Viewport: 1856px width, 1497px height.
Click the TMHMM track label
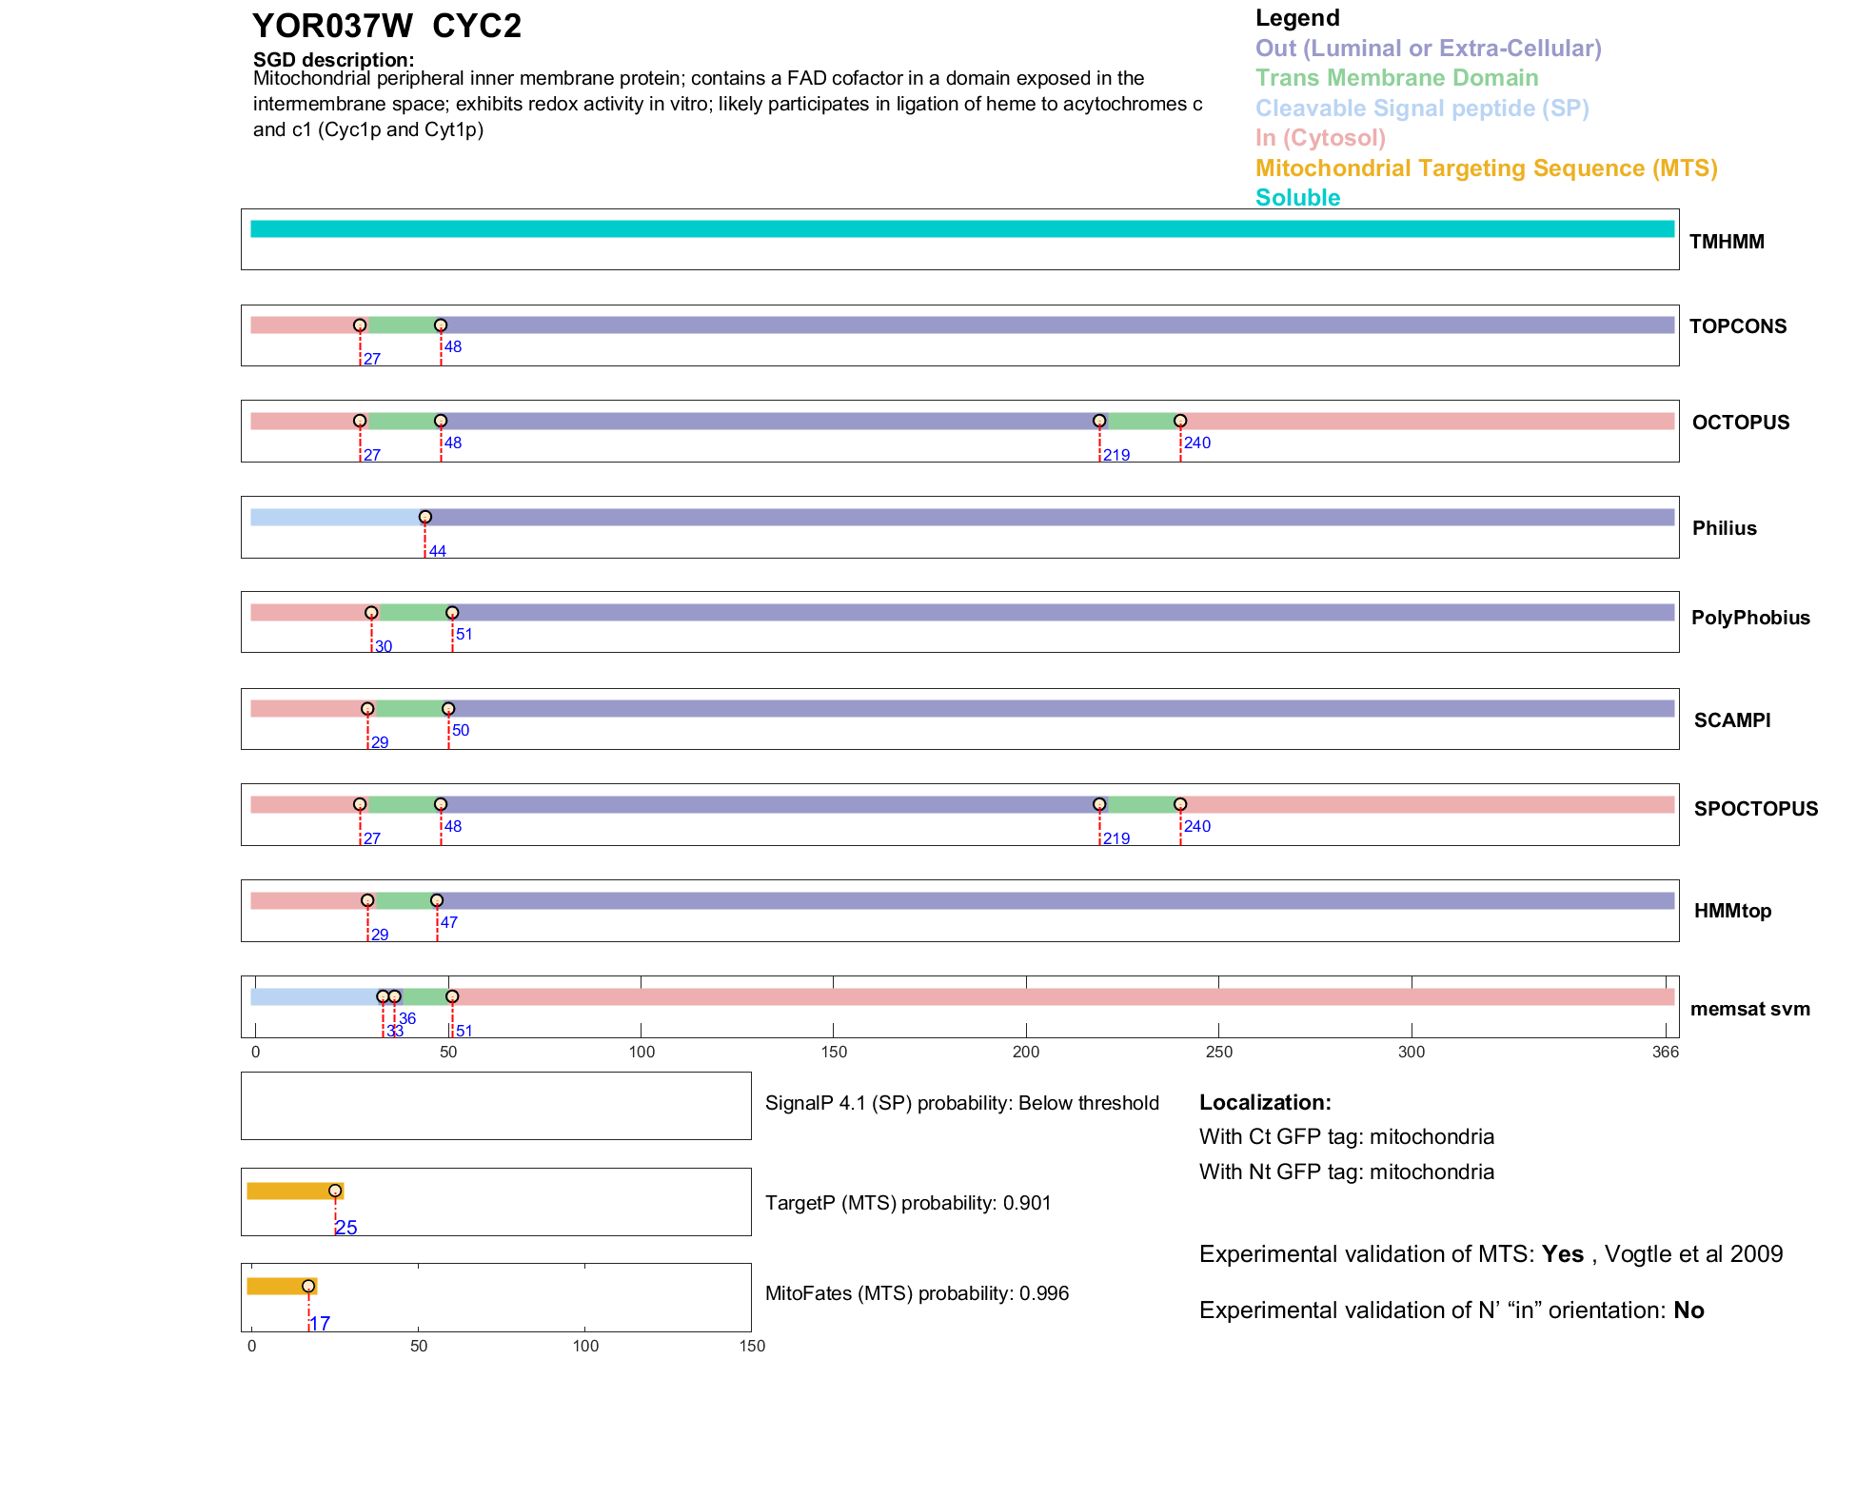point(1726,242)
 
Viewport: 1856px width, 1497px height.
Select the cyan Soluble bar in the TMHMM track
point(961,229)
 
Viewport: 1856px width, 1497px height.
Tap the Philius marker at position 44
point(425,518)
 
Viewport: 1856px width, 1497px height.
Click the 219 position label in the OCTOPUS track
point(1116,456)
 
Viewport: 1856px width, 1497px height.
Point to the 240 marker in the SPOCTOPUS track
point(1180,805)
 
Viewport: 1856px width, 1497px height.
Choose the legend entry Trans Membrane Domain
point(1396,78)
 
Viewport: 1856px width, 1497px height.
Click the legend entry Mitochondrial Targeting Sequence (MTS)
point(1486,168)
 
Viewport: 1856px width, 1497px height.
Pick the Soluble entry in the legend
point(1297,198)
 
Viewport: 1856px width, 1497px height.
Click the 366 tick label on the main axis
point(1666,1053)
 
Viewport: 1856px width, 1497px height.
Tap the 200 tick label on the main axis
point(1026,1053)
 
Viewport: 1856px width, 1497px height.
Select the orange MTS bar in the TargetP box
point(293,1192)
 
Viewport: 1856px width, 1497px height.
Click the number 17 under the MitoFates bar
point(321,1324)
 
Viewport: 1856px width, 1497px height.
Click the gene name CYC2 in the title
point(477,27)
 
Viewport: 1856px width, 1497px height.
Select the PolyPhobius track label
point(1749,618)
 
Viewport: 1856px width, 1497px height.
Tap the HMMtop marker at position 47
point(437,901)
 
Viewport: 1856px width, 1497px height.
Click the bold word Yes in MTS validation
point(1562,1254)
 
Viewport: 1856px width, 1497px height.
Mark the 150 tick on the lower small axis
point(752,1347)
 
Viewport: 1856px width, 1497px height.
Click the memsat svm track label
point(1749,1010)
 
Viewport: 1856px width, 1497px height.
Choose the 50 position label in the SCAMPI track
point(461,731)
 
